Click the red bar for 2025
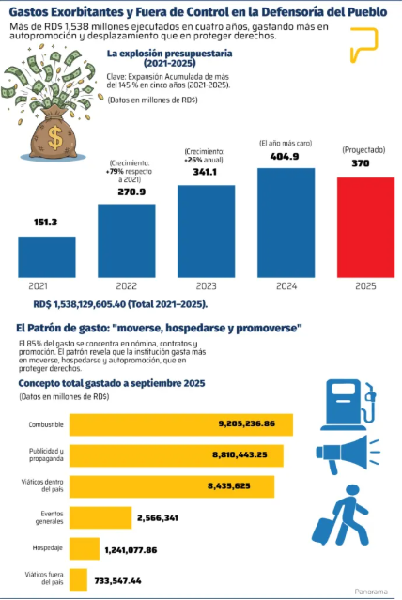[x=365, y=227]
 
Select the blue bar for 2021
[x=47, y=257]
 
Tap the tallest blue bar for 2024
[x=286, y=223]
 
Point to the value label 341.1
[x=205, y=172]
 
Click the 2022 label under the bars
[x=127, y=286]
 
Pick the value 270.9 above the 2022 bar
[x=131, y=192]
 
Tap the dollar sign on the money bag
[x=55, y=138]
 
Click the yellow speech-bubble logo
[x=363, y=44]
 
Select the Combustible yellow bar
[x=181, y=424]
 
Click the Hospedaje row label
[x=48, y=548]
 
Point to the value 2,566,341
[x=158, y=518]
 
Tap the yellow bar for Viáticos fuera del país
[x=78, y=579]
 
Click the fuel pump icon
[x=348, y=405]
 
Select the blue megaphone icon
[x=348, y=454]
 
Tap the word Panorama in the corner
[x=371, y=592]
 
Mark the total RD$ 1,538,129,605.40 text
[x=120, y=304]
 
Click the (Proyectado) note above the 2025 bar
[x=363, y=150]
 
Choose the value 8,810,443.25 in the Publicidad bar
[x=240, y=455]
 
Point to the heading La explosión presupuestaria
[x=170, y=54]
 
